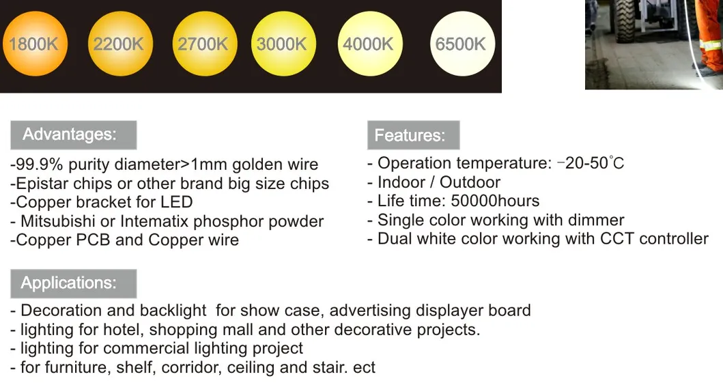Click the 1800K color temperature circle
pos(33,44)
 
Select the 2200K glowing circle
pos(118,44)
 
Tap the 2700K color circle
pos(203,44)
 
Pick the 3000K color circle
pos(282,44)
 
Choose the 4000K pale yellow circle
pos(369,44)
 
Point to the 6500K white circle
pos(461,44)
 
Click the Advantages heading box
pos(73,134)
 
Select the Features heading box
pos(413,135)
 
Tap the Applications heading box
pos(73,283)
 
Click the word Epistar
pos(40,184)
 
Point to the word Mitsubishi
pos(61,221)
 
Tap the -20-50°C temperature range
pos(591,163)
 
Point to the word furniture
pos(75,367)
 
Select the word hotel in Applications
pos(122,330)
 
